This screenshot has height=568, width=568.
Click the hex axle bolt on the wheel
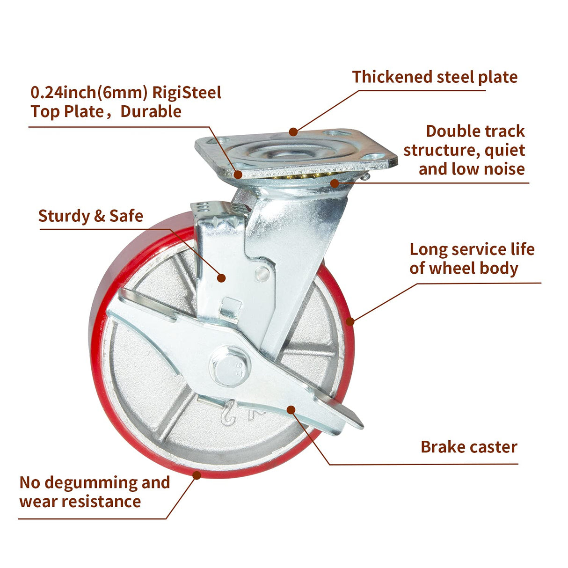pos(230,366)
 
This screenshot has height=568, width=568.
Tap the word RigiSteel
pos(187,93)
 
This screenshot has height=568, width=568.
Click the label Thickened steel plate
pos(435,77)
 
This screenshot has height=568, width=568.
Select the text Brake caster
pos(469,447)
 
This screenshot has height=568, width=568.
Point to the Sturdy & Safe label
pos(90,216)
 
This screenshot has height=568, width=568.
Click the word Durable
pos(151,111)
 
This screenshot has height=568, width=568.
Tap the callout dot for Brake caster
pos(291,410)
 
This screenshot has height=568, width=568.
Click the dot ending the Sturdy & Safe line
pos(221,277)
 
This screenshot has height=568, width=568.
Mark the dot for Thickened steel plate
pos(293,132)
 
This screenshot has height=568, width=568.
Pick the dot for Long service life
pos(350,321)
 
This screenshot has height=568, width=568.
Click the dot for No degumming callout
pos(197,475)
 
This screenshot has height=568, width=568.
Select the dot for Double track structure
pos(335,183)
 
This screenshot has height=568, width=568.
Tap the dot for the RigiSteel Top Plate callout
pos(238,175)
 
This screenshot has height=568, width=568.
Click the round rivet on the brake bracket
pos(262,274)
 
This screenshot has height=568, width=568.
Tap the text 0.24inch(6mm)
pos(89,93)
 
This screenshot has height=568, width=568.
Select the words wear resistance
pos(80,502)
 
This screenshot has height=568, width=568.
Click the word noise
pos(506,169)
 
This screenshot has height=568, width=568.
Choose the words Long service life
pos(472,249)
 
